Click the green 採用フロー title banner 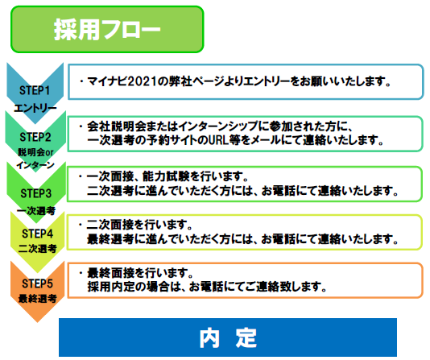click(107, 29)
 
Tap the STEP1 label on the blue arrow click(35, 90)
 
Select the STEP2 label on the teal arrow click(35, 137)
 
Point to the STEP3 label click(36, 193)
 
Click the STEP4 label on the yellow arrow click(37, 234)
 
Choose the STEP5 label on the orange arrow click(37, 283)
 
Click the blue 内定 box click(228, 337)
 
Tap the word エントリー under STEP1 click(35, 108)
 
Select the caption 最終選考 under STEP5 click(38, 299)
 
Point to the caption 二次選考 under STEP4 click(38, 249)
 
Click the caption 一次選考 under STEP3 click(36, 211)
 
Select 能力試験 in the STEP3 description click(166, 176)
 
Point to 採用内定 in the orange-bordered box click(111, 287)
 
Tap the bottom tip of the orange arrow click(37, 322)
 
